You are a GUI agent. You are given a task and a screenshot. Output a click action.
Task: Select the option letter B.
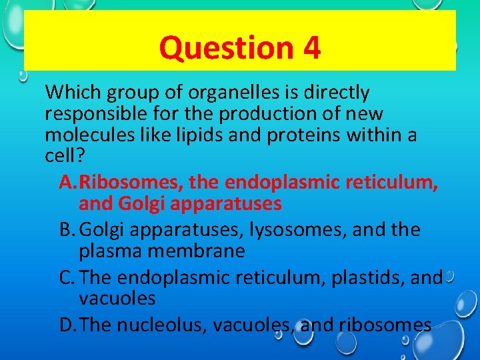67,230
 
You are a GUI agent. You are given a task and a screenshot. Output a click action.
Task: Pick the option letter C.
67,277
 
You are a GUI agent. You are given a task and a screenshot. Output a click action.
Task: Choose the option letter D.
67,325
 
